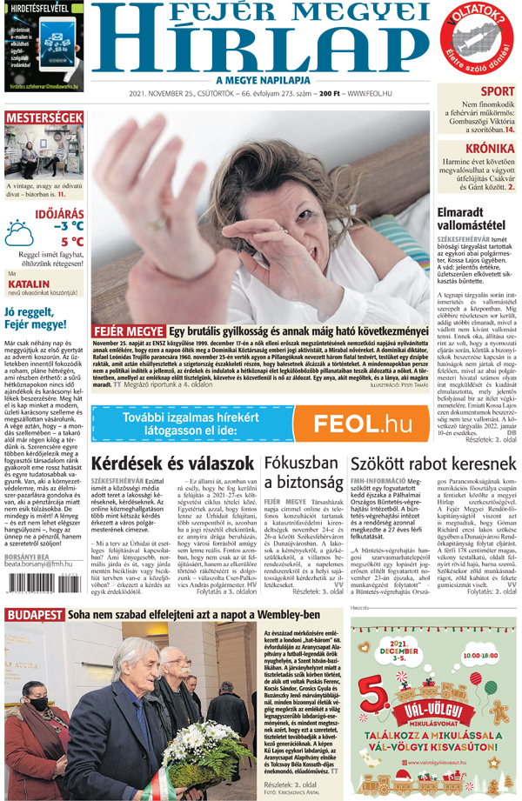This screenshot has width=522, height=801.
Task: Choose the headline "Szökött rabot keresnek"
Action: (x=433, y=464)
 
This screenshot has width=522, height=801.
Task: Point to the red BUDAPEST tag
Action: (x=35, y=615)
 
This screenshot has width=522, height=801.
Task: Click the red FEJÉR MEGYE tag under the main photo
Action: (x=127, y=332)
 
